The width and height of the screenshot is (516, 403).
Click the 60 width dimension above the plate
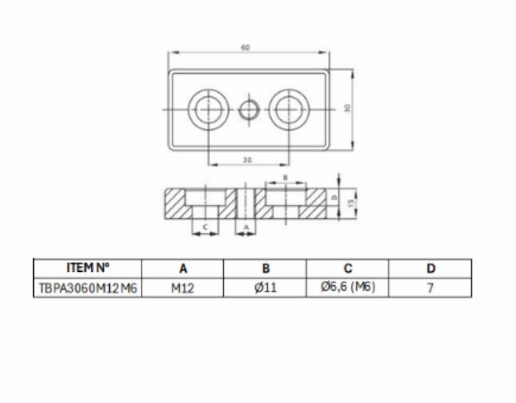point(245,48)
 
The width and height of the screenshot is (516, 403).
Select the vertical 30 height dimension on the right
point(347,108)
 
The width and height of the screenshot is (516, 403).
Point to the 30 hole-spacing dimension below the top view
point(247,160)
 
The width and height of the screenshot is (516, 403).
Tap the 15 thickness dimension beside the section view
point(351,203)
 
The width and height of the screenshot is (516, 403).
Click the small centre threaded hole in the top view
point(249,110)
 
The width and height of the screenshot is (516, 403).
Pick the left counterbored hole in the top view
point(209,109)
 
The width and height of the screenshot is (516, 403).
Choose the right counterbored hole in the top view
point(289,109)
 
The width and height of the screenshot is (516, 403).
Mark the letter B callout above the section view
point(285,178)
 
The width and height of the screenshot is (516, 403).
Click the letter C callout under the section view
point(206,227)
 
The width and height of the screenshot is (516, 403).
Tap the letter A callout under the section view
point(246,227)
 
